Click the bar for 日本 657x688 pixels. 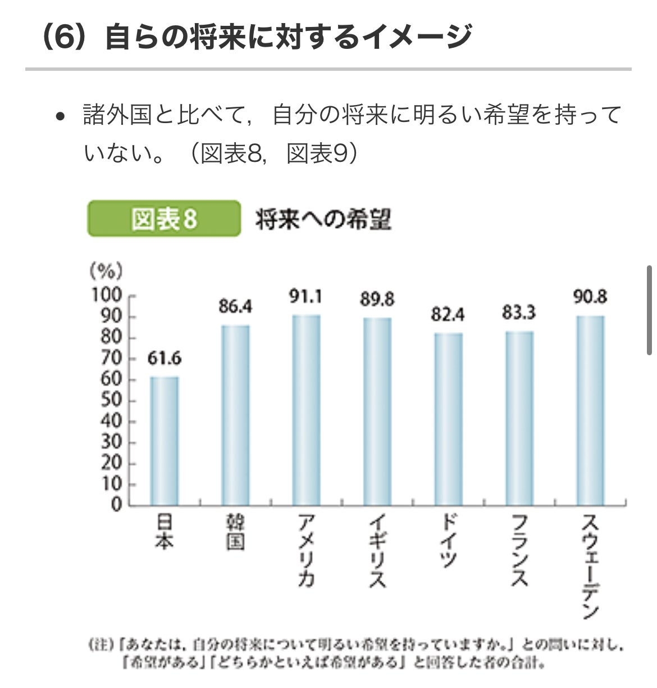[164, 441]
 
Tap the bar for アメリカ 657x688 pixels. [306, 410]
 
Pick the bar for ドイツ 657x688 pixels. [448, 419]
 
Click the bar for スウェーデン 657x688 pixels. [590, 410]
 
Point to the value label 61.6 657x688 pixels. [165, 358]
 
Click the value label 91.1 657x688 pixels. [306, 296]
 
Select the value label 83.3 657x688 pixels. [519, 312]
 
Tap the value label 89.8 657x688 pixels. [377, 299]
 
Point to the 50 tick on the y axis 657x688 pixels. [111, 400]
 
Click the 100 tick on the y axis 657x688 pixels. [107, 295]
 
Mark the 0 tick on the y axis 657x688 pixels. [116, 505]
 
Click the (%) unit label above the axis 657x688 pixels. [106, 271]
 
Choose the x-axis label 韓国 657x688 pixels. [235, 533]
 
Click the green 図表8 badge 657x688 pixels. [164, 219]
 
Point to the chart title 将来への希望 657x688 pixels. [323, 219]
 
